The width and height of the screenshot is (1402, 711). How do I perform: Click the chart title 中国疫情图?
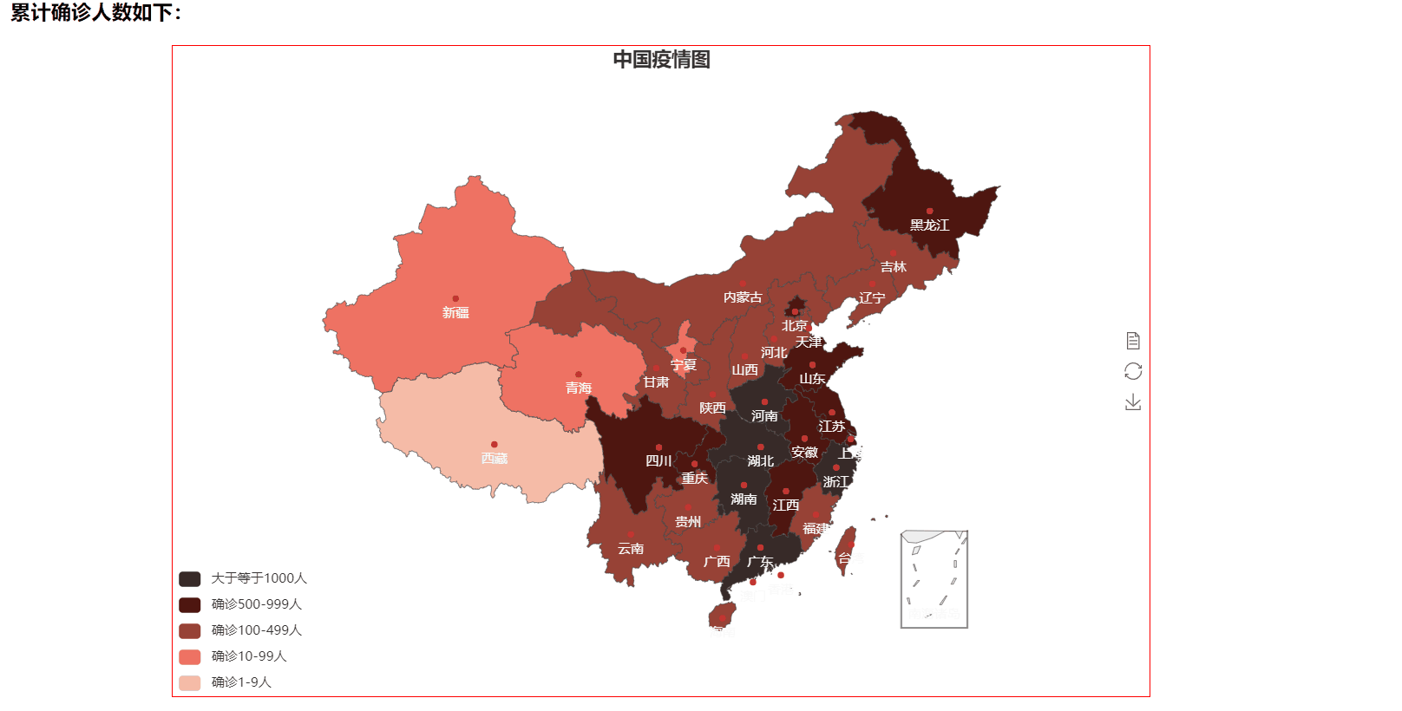pos(661,60)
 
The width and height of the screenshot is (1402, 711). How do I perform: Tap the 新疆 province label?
pos(455,313)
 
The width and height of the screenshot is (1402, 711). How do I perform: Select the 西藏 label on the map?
pos(495,459)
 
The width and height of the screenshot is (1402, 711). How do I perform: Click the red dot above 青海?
pos(579,375)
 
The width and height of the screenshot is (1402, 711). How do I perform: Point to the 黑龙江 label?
pos(929,225)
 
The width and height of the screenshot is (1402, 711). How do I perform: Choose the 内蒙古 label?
pos(743,297)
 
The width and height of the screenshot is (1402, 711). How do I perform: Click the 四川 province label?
pos(658,461)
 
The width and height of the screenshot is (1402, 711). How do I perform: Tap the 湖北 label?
pos(761,461)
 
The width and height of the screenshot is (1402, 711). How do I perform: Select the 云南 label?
pos(631,549)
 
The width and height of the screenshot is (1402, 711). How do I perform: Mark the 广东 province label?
pos(760,562)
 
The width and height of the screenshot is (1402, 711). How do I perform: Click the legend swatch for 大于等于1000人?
pos(190,578)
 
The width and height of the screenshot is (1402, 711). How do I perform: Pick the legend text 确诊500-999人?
pos(257,604)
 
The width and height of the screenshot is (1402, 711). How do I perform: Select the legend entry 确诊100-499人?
pos(257,630)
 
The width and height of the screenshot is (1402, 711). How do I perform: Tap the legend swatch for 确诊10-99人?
pos(190,656)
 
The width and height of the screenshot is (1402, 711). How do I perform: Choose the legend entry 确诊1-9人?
pos(241,682)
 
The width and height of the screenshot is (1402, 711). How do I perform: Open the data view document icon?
pos(1133,341)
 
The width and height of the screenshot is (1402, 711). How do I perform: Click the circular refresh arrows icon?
pos(1133,371)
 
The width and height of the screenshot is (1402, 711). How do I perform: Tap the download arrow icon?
pos(1133,402)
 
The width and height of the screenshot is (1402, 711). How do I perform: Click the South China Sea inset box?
pos(934,579)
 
